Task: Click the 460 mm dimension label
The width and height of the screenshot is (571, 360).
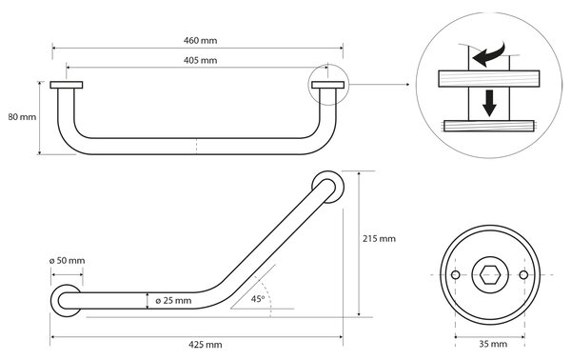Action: (x=200, y=40)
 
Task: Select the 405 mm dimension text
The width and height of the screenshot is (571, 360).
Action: (x=200, y=60)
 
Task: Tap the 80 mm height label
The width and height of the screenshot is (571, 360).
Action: (x=22, y=117)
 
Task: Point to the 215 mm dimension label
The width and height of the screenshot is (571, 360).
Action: (x=379, y=239)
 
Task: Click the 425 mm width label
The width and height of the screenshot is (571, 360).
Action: (x=205, y=345)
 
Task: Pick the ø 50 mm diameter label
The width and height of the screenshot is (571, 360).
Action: (x=67, y=261)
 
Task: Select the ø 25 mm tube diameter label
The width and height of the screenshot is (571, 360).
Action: (x=173, y=301)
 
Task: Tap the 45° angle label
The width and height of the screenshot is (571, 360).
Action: (x=258, y=299)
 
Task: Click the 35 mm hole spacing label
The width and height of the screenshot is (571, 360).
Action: (x=493, y=344)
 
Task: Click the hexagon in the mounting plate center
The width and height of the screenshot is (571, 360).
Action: (x=489, y=274)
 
